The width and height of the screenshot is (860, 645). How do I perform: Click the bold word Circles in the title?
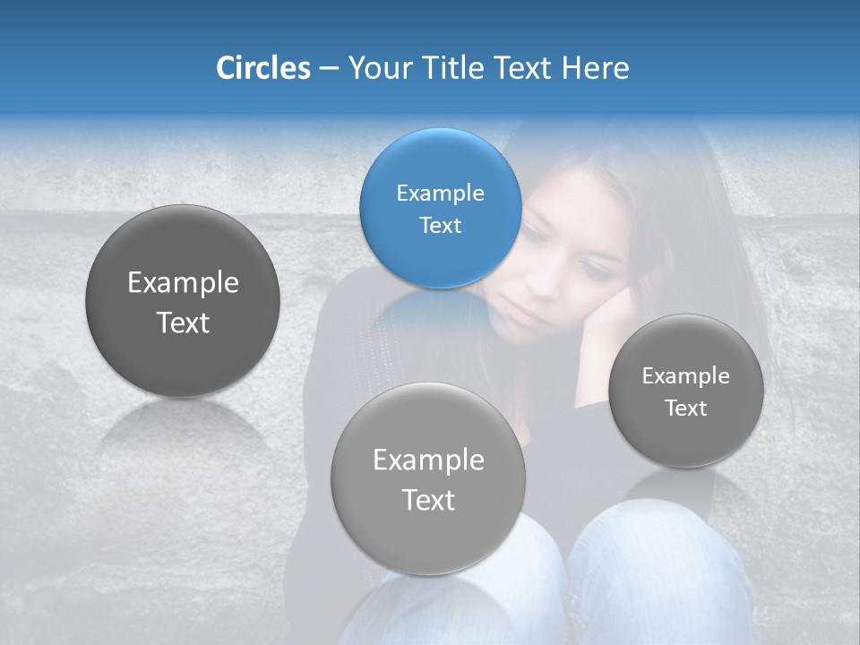pyautogui.click(x=262, y=68)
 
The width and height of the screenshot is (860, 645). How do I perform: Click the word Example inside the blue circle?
pyautogui.click(x=440, y=193)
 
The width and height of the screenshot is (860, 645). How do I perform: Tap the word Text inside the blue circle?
pyautogui.click(x=440, y=225)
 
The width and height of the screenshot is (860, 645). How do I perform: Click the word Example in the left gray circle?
pyautogui.click(x=183, y=283)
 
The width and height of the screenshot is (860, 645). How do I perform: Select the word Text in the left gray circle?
pyautogui.click(x=183, y=322)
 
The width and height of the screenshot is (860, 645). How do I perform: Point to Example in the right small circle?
pyautogui.click(x=686, y=375)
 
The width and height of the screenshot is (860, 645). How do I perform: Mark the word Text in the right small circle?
pyautogui.click(x=686, y=408)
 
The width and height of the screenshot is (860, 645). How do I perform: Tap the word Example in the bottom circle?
pyautogui.click(x=428, y=460)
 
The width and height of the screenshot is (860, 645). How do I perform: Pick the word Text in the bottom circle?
pyautogui.click(x=428, y=500)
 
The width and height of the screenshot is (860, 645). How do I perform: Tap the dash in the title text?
pyautogui.click(x=329, y=69)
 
